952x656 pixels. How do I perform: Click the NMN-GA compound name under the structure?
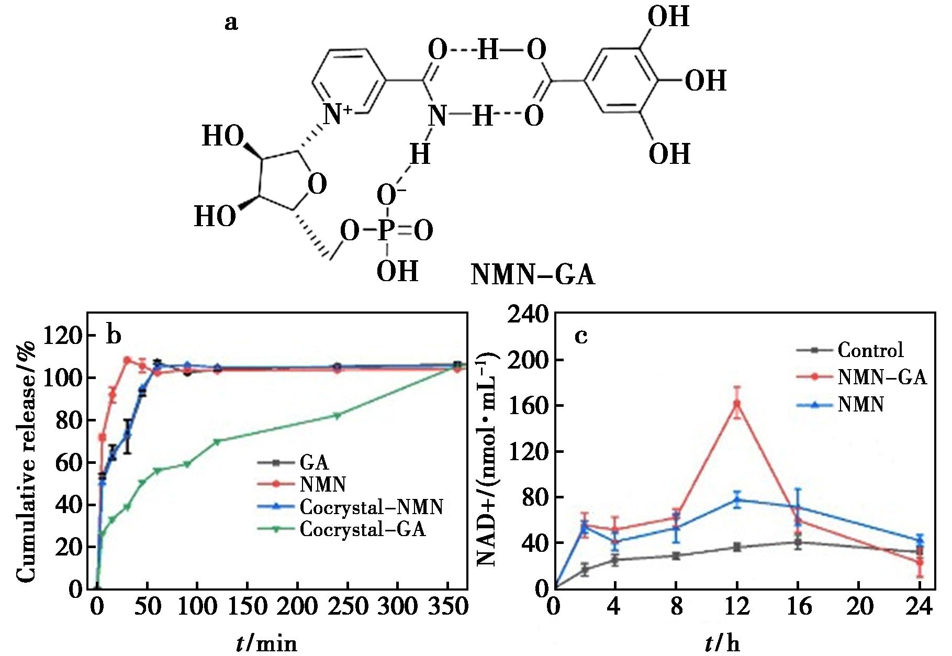(x=532, y=275)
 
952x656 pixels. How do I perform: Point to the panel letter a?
(x=231, y=23)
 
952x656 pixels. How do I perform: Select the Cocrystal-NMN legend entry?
(x=371, y=507)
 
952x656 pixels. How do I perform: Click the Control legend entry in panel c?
(x=870, y=350)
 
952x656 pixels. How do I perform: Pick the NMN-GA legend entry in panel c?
(x=882, y=377)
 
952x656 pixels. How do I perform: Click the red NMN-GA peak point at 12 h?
(x=737, y=404)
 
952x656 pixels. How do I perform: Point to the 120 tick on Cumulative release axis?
(x=62, y=336)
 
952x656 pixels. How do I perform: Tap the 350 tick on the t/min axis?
(x=447, y=607)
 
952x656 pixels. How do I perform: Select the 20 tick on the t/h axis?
(x=860, y=607)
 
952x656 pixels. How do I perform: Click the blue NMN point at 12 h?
(x=737, y=500)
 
